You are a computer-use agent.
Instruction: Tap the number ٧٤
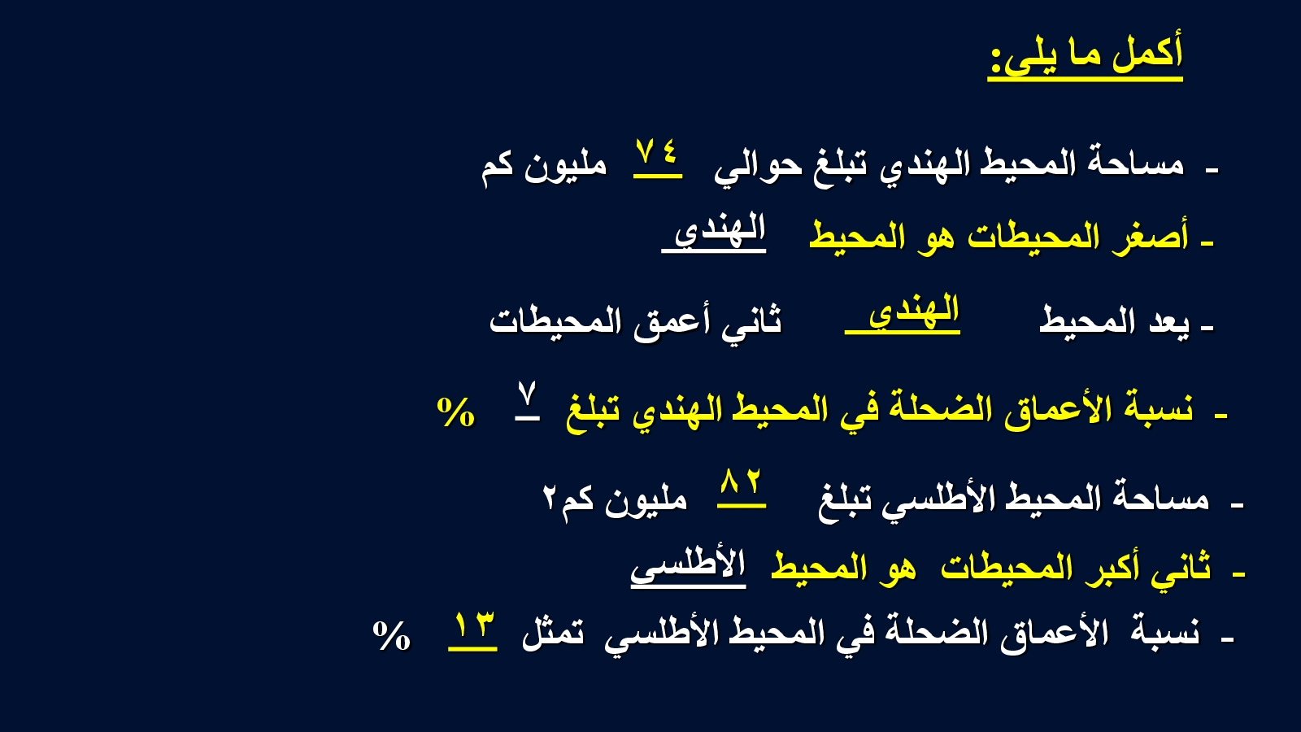657,153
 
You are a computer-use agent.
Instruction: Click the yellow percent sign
456,412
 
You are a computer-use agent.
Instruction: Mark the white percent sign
391,635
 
